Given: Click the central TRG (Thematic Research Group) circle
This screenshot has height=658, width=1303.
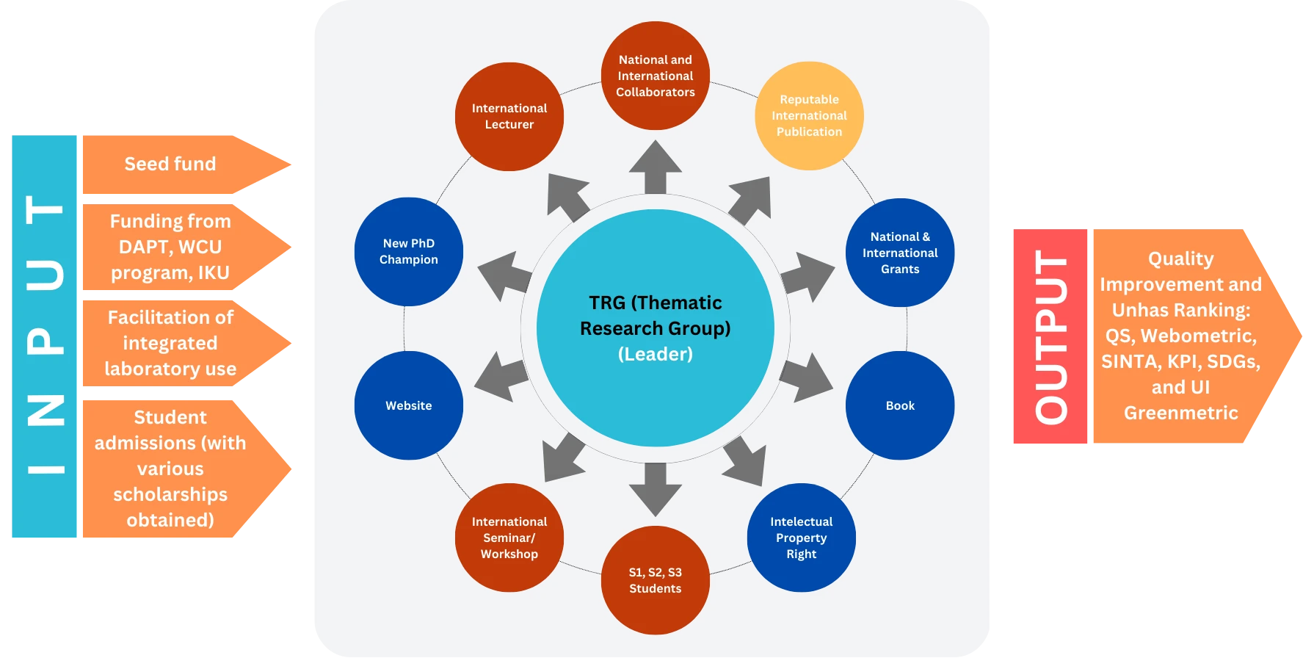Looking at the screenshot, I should click(655, 328).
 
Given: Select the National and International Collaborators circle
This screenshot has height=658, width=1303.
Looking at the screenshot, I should click(655, 76).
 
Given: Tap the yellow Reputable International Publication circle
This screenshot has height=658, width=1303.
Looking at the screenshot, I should click(809, 116).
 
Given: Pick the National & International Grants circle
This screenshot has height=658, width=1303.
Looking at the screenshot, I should click(900, 253).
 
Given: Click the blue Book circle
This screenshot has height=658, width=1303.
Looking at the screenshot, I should click(900, 405).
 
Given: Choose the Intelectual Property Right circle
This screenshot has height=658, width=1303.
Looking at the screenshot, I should click(801, 538).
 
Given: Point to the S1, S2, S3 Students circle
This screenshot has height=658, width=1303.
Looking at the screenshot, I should click(655, 580).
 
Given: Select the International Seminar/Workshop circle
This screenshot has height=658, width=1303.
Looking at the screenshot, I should click(509, 538).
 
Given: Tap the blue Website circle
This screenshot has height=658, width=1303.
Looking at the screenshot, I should click(409, 405).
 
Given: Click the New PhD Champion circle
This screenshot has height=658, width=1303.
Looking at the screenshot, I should click(409, 251).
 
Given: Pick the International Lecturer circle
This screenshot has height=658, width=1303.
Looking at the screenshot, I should click(509, 116).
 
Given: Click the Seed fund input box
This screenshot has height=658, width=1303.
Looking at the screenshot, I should click(170, 164).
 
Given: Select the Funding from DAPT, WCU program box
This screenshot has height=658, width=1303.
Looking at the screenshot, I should click(170, 247).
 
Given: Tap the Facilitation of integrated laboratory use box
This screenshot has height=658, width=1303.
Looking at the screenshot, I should click(170, 343).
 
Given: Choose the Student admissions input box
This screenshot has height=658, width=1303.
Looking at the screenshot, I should click(170, 469).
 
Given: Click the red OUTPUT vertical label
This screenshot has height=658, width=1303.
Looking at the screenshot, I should click(1050, 337).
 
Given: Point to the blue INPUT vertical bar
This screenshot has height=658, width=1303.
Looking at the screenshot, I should click(45, 337).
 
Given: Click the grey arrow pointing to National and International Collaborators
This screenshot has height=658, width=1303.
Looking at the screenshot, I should click(655, 167).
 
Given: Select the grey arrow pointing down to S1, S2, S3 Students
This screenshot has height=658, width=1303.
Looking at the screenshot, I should click(655, 488).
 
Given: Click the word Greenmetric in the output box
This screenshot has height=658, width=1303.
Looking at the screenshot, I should click(1180, 413).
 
